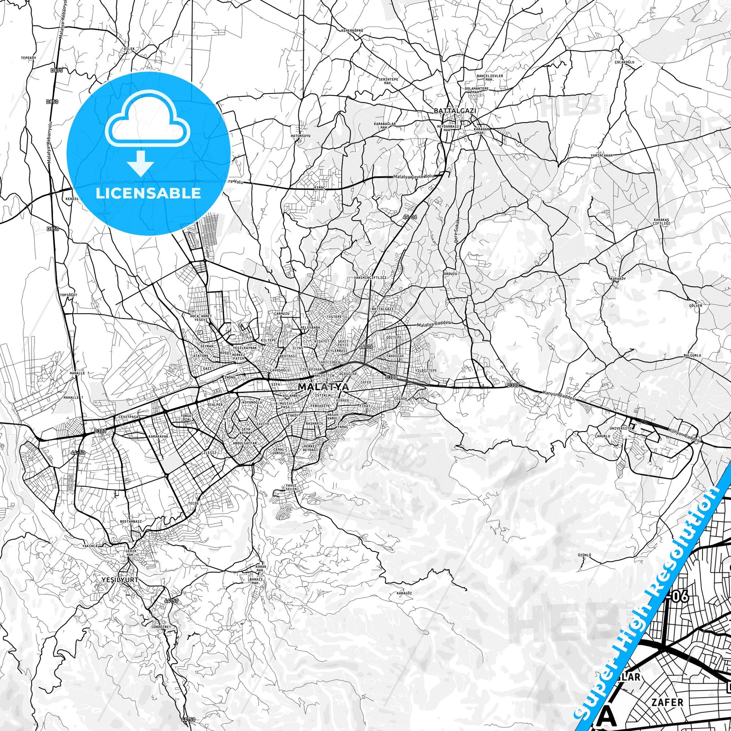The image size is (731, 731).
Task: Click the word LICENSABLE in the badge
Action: (148, 193)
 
